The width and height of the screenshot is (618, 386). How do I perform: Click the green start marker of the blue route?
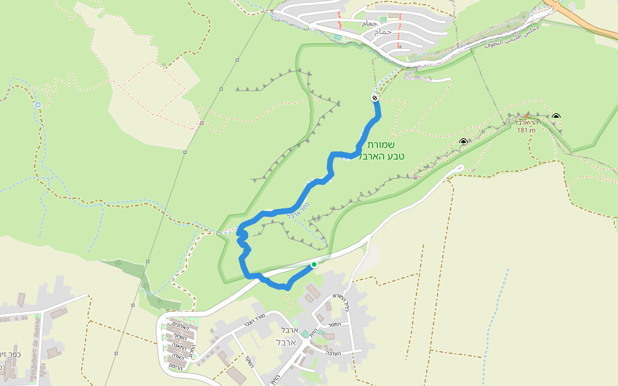(x=314, y=264)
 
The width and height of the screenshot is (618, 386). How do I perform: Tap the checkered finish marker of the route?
(x=375, y=98)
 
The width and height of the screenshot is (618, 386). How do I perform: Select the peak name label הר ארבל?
(x=526, y=122)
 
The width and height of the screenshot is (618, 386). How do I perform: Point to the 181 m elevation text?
(x=526, y=130)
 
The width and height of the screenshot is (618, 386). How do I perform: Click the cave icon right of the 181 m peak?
(x=556, y=116)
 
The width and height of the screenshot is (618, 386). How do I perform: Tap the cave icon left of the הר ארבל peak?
(x=463, y=142)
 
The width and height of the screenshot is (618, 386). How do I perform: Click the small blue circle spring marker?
(x=38, y=104)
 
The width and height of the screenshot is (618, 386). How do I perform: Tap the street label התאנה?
(x=180, y=345)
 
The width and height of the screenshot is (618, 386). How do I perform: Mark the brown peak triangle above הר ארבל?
(x=527, y=116)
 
